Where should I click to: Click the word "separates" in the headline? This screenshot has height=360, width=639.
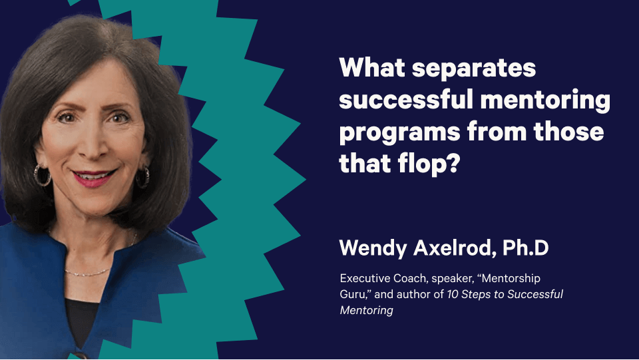pos(474,69)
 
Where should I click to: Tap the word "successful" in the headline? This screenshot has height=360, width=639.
pos(409,100)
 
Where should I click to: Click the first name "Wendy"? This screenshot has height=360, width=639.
pos(373,248)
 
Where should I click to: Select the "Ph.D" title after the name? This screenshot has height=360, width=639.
pos(526,247)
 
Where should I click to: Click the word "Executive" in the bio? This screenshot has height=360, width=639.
pos(365,279)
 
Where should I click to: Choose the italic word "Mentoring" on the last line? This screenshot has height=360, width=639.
pos(366,311)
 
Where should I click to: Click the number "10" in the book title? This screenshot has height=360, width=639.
pos(453,294)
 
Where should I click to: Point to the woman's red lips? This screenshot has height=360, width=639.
pos(94,178)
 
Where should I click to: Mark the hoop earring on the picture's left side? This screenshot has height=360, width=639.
pos(42,176)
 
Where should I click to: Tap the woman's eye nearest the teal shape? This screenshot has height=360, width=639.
pos(119,118)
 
